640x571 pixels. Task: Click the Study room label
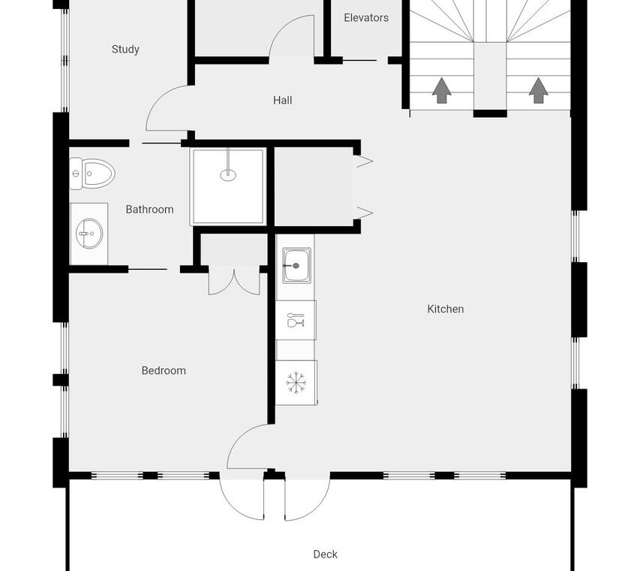coord(125,50)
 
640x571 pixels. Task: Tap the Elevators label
coord(366,18)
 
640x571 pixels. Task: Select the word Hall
coord(282,100)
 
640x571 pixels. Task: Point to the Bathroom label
coord(149,210)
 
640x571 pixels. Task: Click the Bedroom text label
coord(164,370)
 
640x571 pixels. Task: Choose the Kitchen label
coord(446,309)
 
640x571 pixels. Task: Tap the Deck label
coord(326,554)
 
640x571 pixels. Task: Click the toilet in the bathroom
coord(92,174)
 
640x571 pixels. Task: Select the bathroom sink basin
coord(89,234)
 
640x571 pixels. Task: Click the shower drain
coord(228,175)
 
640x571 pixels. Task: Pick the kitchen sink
coord(296,266)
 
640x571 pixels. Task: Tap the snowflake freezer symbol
coord(296,383)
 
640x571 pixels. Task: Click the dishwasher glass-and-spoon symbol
coord(296,321)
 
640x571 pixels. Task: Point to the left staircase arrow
coord(442,90)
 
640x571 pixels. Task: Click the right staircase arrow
coord(539,90)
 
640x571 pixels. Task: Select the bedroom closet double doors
coord(234,280)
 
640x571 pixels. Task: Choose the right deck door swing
coord(318,506)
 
